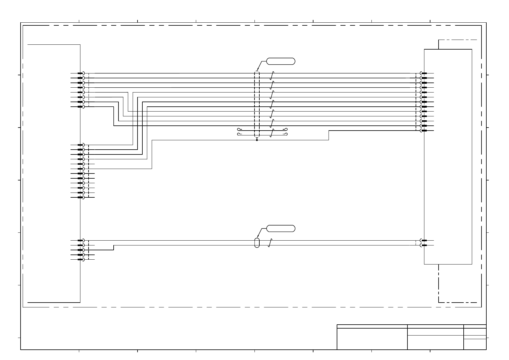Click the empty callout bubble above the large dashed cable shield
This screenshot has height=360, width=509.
(280, 61)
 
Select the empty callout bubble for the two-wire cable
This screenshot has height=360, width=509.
(280, 229)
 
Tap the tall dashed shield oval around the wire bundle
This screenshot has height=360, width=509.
(257, 104)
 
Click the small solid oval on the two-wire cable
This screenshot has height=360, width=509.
(257, 243)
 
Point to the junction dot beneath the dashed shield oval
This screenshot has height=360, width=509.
(257, 140)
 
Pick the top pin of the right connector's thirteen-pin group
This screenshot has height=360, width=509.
(424, 73)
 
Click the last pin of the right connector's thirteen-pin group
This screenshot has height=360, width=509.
(424, 131)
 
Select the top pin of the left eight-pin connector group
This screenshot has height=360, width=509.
(80, 73)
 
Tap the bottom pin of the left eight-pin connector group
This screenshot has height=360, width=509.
(80, 107)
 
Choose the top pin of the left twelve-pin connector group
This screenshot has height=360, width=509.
(80, 145)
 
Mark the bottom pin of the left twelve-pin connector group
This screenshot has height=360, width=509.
(80, 197)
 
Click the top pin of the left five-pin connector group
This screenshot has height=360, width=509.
(80, 241)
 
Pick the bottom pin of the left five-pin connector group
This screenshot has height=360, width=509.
(80, 260)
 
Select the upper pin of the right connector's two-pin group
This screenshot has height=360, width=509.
(424, 241)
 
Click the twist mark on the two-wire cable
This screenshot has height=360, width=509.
(271, 243)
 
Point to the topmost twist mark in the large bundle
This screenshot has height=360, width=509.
(272, 76)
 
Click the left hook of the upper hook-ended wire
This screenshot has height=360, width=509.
(239, 129)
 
